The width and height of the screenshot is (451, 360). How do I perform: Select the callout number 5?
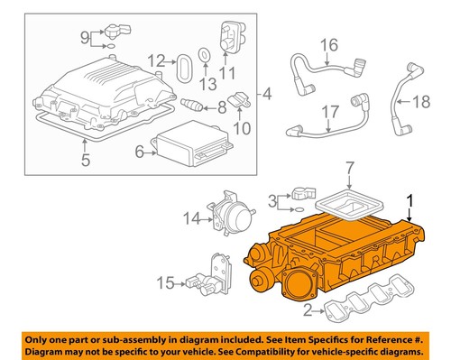click(86, 163)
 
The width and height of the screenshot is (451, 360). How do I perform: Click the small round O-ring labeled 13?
click(205, 54)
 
